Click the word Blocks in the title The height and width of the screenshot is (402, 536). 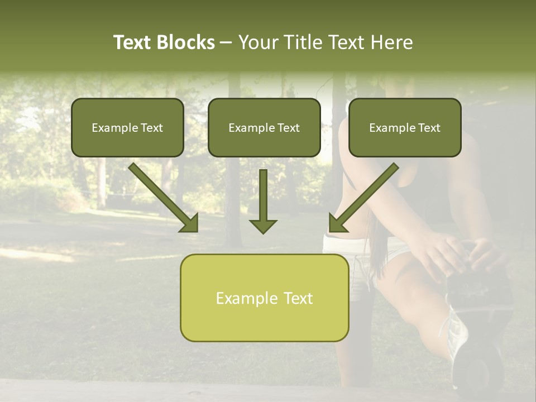(186, 42)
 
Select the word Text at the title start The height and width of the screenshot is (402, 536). (132, 42)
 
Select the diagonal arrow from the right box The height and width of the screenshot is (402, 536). (364, 197)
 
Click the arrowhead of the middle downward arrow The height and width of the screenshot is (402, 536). (263, 226)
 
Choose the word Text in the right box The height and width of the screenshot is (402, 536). (429, 128)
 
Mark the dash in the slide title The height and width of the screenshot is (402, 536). (227, 42)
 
